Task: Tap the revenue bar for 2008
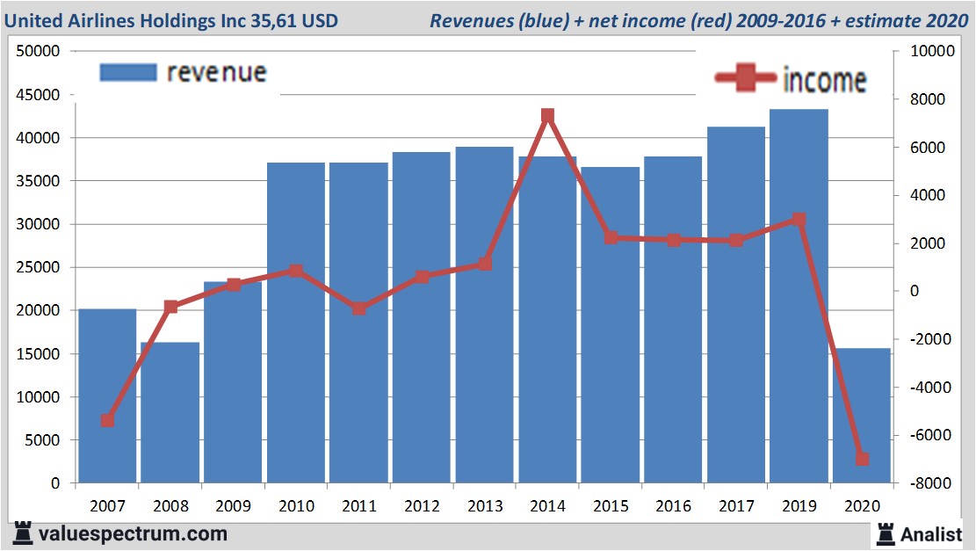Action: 170,413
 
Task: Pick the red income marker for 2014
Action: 547,116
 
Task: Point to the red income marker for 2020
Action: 862,459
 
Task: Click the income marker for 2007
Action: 107,420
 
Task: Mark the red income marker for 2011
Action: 359,308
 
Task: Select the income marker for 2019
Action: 799,219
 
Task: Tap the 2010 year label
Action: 296,506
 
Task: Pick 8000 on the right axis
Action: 917,99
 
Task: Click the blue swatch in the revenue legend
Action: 128,72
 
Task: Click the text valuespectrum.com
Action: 132,533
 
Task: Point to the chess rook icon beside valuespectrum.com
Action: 24,533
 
